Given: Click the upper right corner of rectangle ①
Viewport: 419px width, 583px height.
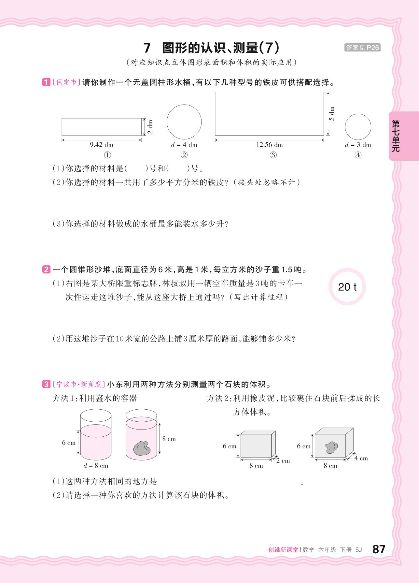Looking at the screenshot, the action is coord(142,118).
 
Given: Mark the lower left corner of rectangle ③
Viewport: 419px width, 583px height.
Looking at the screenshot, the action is coord(215,135).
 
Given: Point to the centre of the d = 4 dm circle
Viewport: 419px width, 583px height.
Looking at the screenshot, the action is coord(184,122).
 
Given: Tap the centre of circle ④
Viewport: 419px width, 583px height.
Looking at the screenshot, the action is coord(358,127).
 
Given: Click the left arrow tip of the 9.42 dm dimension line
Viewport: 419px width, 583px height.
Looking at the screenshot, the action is coord(62,140).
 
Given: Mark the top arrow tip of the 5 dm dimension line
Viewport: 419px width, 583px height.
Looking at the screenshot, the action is coord(328,92).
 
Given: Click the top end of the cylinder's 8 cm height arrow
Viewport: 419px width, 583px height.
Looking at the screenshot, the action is coord(159,423).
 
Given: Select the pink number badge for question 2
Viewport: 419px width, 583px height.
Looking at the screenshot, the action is coord(46,270).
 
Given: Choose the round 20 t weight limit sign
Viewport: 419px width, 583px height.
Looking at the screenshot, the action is coord(347,287).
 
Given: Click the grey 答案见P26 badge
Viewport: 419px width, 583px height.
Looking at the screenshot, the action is coord(362,48).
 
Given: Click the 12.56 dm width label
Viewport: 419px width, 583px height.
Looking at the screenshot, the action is coord(269,145).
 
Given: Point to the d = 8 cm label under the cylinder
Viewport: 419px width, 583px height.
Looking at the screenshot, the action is coord(96,466).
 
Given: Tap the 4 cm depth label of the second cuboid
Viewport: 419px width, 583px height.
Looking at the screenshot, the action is coord(361,458).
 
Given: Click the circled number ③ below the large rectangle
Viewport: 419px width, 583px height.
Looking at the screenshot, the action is coord(273,155).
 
